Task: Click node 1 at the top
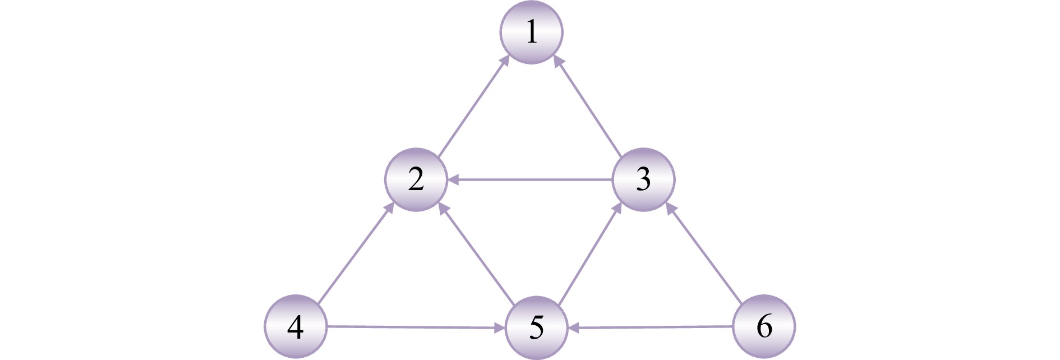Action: pos(531,32)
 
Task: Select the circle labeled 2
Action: pos(416,179)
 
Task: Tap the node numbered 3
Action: pos(643,179)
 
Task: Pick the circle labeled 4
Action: pos(295,327)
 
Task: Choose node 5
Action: pos(536,327)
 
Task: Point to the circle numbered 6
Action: pos(764,326)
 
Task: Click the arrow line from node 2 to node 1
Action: pos(474,106)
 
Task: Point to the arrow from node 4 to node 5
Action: pos(415,327)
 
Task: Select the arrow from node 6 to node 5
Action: pos(651,327)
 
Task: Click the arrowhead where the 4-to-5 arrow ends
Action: pos(499,327)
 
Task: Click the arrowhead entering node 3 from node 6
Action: pos(670,208)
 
